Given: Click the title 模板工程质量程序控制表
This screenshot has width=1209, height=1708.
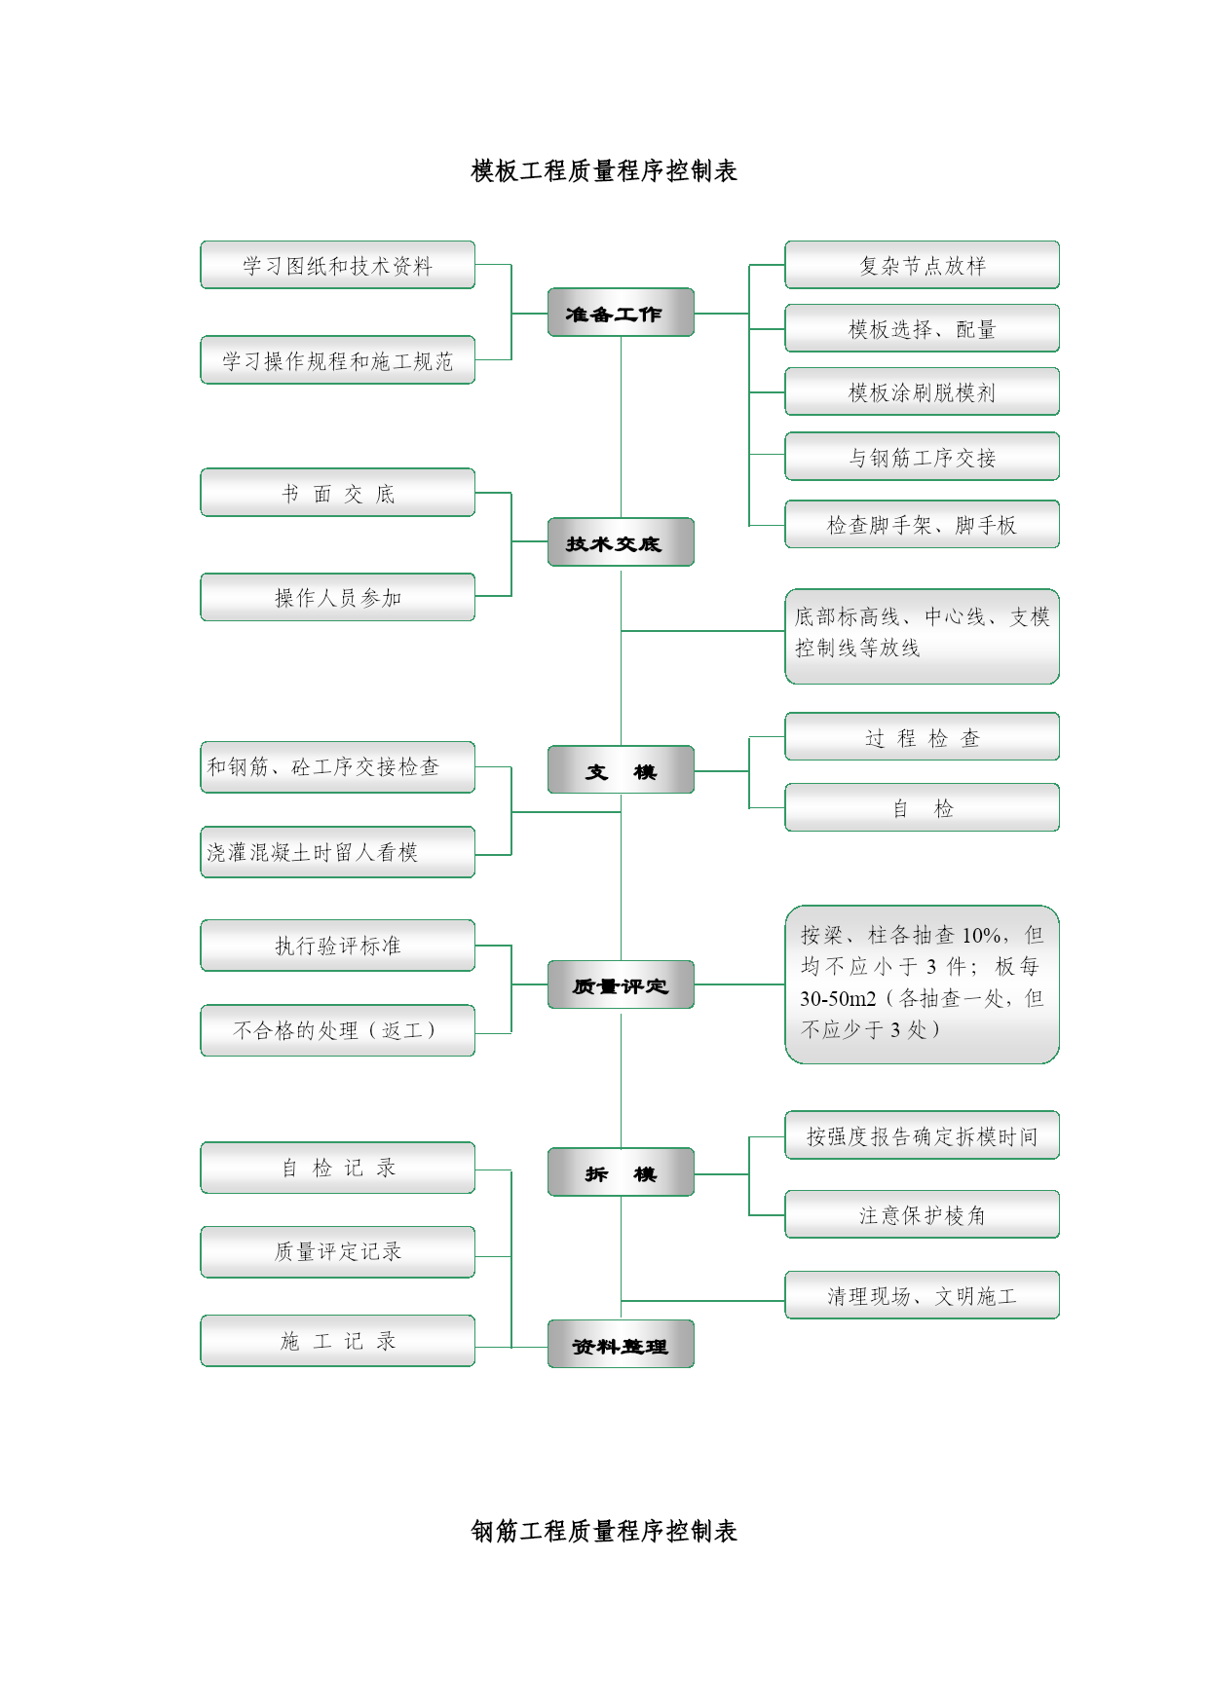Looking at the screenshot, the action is pos(604,171).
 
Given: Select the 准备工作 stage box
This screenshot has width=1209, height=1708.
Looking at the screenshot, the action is pos(621,313).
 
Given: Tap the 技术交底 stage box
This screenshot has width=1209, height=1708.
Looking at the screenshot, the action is pos(621,542).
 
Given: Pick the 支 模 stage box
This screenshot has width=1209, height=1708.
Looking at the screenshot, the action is pos(621,770).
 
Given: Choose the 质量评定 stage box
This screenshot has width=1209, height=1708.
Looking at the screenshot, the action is pos(621,984).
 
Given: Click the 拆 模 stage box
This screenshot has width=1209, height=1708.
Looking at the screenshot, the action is pos(621,1172).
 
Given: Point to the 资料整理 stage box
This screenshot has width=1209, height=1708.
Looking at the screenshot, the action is pos(621,1345).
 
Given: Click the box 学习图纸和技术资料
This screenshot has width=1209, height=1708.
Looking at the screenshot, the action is pos(338,265).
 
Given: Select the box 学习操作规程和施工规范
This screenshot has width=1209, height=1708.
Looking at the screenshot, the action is pos(338,360).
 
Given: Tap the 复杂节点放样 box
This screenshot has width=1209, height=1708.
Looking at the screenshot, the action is pos(923,265).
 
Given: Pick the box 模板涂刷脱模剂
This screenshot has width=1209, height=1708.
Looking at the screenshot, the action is pos(923,391).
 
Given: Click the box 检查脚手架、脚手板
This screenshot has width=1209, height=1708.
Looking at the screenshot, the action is pos(923,524).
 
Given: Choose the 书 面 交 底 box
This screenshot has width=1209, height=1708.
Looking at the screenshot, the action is pos(338,493).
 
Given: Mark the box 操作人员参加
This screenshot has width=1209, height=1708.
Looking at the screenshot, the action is pos(338,597).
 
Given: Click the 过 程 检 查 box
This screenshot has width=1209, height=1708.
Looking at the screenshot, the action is pos(923,736).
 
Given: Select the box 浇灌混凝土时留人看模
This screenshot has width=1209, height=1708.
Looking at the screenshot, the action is pos(338,852).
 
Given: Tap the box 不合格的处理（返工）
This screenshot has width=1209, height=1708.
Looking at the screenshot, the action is pos(338,1030).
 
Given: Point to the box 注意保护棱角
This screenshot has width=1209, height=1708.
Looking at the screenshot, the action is pos(923,1214).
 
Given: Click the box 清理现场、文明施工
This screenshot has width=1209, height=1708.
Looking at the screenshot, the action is pos(923,1295).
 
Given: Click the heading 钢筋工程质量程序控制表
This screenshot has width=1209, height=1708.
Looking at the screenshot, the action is pos(604,1532).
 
